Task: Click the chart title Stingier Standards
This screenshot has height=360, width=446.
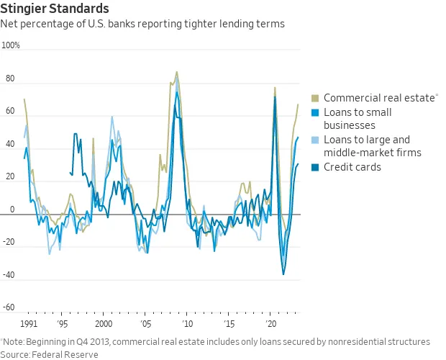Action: [x=55, y=9]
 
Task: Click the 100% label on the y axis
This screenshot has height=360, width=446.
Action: [x=11, y=45]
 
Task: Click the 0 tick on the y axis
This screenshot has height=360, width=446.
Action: [x=11, y=210]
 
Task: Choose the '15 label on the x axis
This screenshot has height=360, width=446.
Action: [x=228, y=324]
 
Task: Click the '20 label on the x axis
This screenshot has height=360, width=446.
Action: [x=270, y=324]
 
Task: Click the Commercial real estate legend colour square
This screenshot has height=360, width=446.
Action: [x=315, y=98]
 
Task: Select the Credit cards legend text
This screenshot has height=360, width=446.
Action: [x=352, y=167]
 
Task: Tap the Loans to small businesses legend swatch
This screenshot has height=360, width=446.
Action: [x=315, y=112]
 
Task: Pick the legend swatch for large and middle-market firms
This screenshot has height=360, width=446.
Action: [x=315, y=140]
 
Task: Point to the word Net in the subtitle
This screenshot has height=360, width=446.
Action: [x=10, y=24]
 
